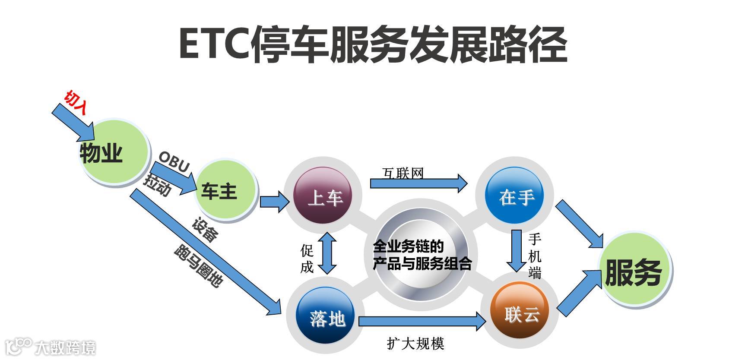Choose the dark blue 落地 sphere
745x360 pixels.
[326, 317]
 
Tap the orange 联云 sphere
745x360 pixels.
[521, 313]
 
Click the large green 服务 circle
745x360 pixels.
[634, 272]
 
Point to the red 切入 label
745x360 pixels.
[76, 103]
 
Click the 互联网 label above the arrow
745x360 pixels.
[403, 173]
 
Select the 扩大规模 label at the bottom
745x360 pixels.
[415, 344]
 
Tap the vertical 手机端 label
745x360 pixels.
[535, 256]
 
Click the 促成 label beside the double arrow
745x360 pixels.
[307, 259]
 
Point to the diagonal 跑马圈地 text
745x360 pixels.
[198, 266]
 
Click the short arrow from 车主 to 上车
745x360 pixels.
[273, 201]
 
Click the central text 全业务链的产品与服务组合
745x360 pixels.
[422, 255]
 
